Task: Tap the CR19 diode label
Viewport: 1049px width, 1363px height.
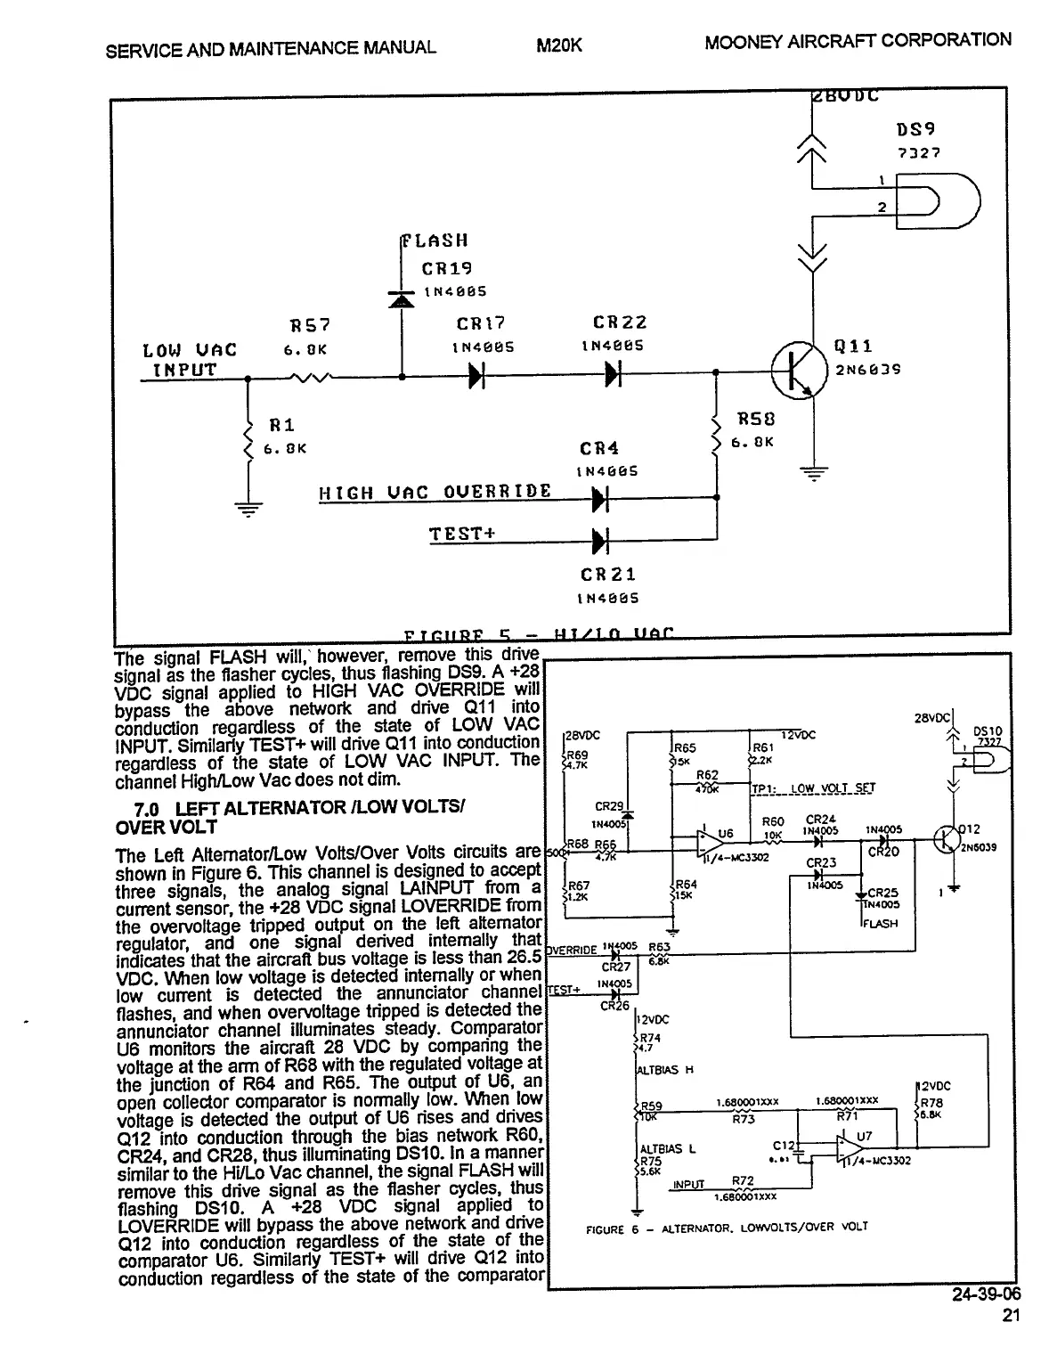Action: (x=446, y=268)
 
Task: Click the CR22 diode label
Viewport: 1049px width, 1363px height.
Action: (x=619, y=322)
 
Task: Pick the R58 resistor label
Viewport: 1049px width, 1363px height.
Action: (x=756, y=419)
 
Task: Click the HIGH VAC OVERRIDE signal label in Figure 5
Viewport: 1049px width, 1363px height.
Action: (x=435, y=492)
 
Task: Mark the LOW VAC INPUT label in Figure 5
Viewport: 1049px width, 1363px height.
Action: (x=180, y=360)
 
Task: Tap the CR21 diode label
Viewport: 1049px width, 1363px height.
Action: (x=607, y=575)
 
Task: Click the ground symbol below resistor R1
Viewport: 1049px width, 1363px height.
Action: (x=248, y=510)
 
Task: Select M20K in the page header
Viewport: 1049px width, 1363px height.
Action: (x=559, y=45)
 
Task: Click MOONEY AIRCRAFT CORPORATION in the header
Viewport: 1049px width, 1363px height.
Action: (x=857, y=41)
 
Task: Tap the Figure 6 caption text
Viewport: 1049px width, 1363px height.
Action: (x=727, y=1227)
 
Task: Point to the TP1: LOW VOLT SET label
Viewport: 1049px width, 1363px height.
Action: (x=813, y=788)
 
